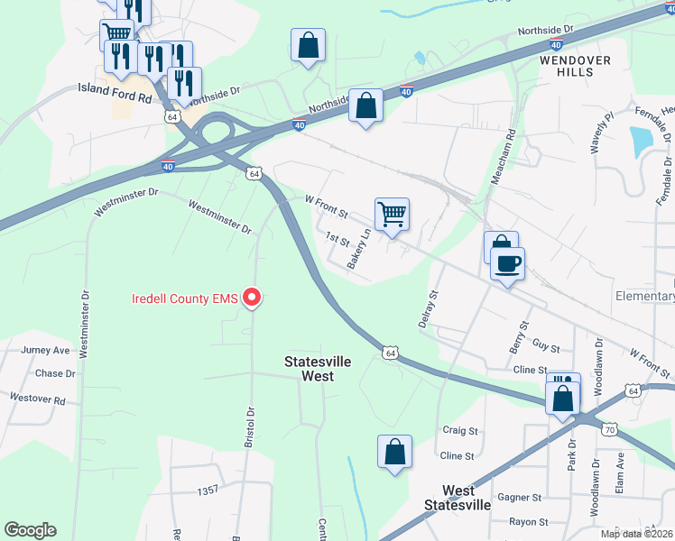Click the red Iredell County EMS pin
253,297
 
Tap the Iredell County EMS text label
186,298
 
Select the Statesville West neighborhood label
318,368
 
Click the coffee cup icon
507,263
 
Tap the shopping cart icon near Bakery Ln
392,215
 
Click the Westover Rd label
38,398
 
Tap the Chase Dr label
55,373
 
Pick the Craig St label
458,430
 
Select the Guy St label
546,346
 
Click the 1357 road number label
208,491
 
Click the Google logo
30,530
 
